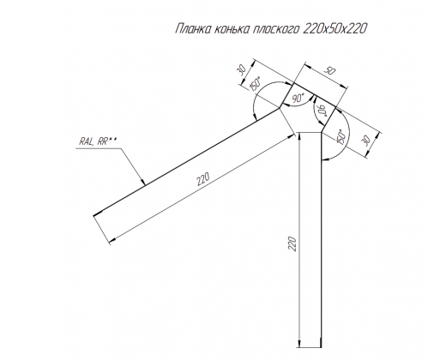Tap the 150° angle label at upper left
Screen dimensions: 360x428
(x=255, y=85)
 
